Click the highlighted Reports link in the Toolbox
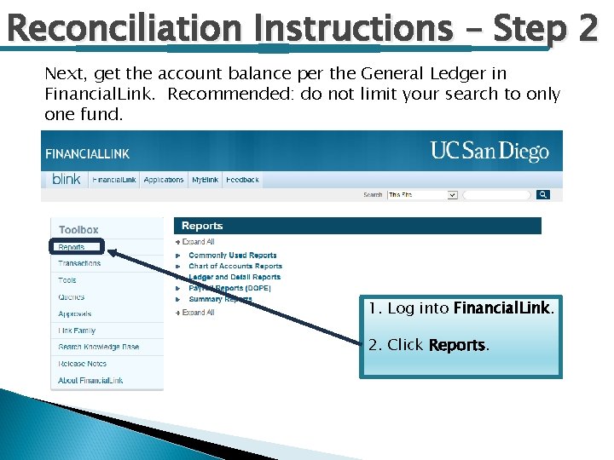pyautogui.click(x=72, y=247)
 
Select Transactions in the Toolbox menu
pyautogui.click(x=79, y=263)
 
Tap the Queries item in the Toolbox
pyautogui.click(x=72, y=297)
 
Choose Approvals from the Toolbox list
pyautogui.click(x=75, y=313)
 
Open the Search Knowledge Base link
pyautogui.click(x=98, y=347)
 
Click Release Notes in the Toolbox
pyautogui.click(x=84, y=364)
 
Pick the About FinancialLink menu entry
pyautogui.click(x=90, y=380)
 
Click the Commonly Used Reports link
pyautogui.click(x=232, y=255)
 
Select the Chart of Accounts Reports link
pyautogui.click(x=235, y=266)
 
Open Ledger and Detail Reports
pyautogui.click(x=234, y=277)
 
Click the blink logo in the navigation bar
pyautogui.click(x=66, y=179)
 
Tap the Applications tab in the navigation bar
pyautogui.click(x=164, y=180)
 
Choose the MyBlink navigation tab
pyautogui.click(x=205, y=180)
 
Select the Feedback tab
pyautogui.click(x=242, y=180)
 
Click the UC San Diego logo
pyautogui.click(x=489, y=152)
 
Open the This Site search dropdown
pyautogui.click(x=423, y=195)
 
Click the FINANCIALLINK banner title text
pyautogui.click(x=87, y=154)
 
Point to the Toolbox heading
pyautogui.click(x=78, y=229)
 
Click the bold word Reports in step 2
pyautogui.click(x=456, y=345)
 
